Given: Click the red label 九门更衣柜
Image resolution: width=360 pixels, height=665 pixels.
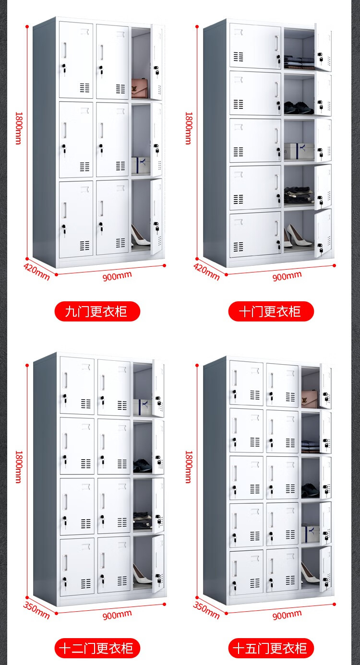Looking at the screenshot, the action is pos(96,311).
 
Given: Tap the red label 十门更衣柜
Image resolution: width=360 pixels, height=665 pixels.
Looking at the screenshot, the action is pos(270,311).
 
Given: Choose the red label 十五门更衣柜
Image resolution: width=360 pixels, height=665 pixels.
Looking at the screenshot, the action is pos(270,649).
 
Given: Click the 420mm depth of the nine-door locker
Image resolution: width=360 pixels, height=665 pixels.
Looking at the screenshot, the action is pos(36,272).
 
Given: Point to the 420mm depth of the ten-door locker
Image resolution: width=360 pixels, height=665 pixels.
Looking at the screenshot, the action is pos(206,272).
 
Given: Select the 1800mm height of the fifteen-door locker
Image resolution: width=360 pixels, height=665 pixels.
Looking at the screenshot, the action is pos(189,466).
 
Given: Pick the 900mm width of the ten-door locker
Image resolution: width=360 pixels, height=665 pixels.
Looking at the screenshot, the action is pos(287,276).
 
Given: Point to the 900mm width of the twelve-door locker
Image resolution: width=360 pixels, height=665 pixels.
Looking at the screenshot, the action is pos(117,614).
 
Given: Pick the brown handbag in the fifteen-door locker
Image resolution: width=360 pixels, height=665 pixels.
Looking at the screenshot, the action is pos(310,397).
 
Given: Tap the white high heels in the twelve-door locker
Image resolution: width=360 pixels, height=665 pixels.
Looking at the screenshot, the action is pos(142,574).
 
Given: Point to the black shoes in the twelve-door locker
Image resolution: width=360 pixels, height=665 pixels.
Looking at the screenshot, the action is pos(142,464).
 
